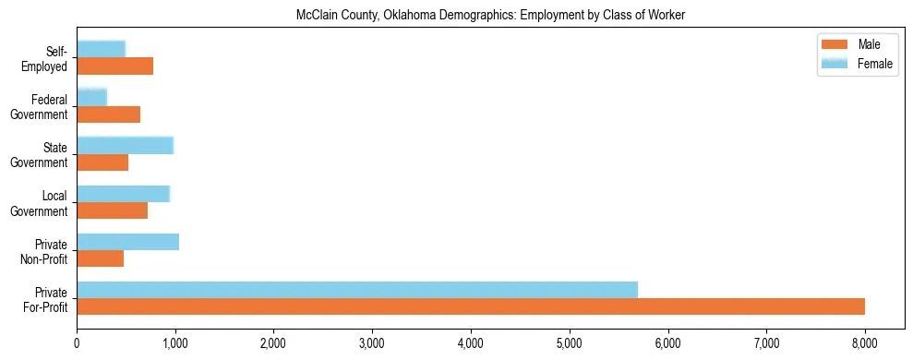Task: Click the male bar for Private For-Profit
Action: [x=471, y=306]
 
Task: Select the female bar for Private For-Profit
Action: [x=357, y=290]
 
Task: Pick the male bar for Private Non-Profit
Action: [x=100, y=258]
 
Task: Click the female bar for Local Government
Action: [x=123, y=194]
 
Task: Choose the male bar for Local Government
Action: [x=112, y=210]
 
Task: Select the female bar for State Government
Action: [x=125, y=146]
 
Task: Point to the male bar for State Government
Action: [x=102, y=162]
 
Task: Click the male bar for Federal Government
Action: [x=108, y=114]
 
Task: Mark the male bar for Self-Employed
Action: [x=114, y=66]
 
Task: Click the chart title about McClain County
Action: [x=489, y=16]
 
